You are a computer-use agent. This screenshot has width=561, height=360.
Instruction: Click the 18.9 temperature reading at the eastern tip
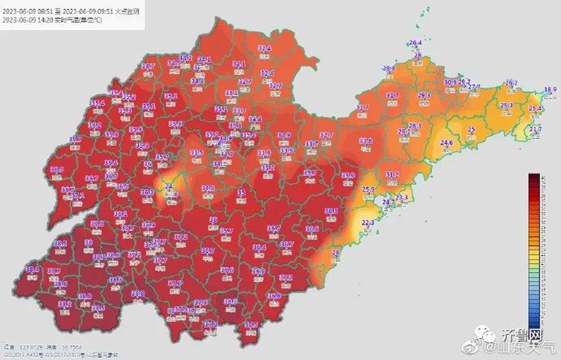(x=550, y=89)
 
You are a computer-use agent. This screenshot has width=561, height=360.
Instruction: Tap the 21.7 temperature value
(x=536, y=129)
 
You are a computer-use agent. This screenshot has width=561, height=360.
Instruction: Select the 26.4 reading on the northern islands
(x=415, y=43)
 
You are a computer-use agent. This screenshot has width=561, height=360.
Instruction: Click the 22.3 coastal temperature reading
(x=368, y=223)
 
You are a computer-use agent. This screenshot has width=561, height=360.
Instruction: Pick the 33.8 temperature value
(x=366, y=141)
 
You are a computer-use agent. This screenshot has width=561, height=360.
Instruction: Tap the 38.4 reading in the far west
(x=32, y=269)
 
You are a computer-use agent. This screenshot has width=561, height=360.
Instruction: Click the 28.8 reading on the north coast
(x=389, y=68)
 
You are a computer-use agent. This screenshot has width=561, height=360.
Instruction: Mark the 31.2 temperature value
(x=392, y=174)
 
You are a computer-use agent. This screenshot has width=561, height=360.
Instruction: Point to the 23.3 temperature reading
(x=402, y=197)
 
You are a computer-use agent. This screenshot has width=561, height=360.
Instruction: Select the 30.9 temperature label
(x=450, y=82)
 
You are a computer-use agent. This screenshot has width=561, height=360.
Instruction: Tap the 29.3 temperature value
(x=424, y=95)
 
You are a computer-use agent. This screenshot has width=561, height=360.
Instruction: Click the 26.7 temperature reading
(x=511, y=82)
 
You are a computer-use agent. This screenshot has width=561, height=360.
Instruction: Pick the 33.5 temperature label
(x=196, y=153)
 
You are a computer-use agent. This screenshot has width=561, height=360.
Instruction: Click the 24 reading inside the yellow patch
(x=167, y=186)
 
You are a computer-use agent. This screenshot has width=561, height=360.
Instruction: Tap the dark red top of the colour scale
(x=534, y=177)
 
